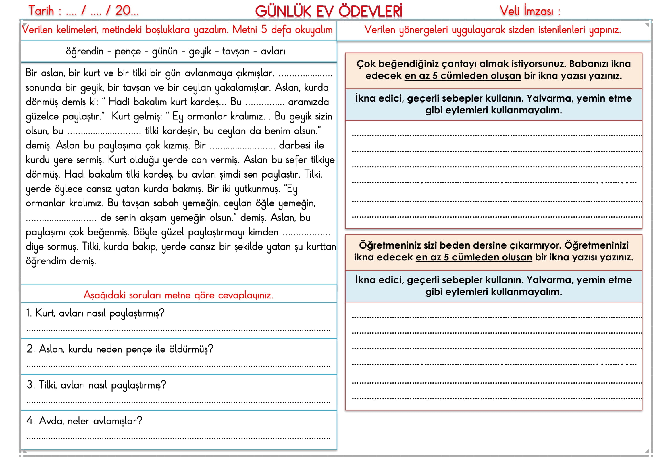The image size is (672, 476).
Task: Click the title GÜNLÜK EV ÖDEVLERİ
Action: (x=328, y=12)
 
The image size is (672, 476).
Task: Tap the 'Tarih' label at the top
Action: (x=41, y=11)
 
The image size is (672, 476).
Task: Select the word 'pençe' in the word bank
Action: (x=128, y=51)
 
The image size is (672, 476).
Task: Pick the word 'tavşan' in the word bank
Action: (x=236, y=51)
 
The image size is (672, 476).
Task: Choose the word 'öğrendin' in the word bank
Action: (x=84, y=51)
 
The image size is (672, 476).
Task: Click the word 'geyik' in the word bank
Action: (x=200, y=51)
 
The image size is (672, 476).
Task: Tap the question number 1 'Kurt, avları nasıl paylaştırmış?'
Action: (x=95, y=313)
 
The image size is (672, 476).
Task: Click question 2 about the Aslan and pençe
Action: (x=120, y=349)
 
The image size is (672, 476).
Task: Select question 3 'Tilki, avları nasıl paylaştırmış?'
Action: (x=97, y=385)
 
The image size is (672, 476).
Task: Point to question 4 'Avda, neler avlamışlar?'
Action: (x=84, y=421)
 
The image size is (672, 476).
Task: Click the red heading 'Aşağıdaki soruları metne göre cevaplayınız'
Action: (x=178, y=295)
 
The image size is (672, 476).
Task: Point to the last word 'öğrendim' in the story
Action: (x=46, y=261)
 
